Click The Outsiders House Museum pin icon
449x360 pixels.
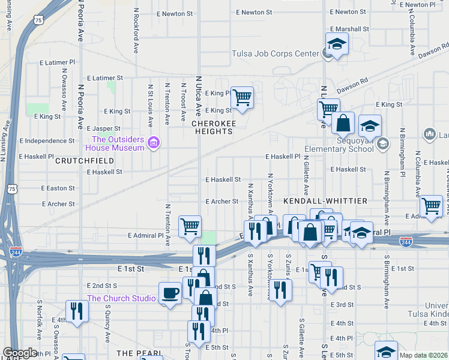coord(154,143)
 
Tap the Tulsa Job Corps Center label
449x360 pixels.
coord(276,53)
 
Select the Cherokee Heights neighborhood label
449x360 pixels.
coord(211,123)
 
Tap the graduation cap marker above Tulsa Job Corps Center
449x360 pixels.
coord(337,43)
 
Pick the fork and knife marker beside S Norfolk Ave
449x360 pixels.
coord(76,310)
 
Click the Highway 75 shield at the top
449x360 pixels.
coord(39,20)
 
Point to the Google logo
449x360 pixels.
coord(20,353)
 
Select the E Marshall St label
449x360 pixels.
coord(349,29)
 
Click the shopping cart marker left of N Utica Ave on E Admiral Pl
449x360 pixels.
coord(190,226)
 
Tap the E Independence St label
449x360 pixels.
coord(46,141)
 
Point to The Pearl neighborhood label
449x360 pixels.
coord(139,353)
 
